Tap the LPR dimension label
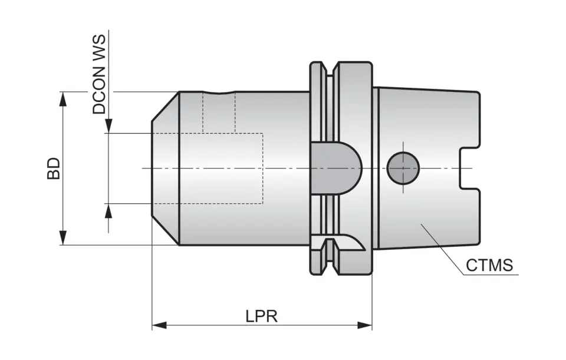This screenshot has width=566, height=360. coord(262,316)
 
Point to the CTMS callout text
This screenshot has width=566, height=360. coord(489,265)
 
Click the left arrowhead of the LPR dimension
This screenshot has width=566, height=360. coord(158,325)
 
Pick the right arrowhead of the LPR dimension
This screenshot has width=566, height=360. coord(366,325)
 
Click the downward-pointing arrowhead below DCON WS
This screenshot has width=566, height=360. coord(108,127)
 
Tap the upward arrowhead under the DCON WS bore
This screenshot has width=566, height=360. coord(108,210)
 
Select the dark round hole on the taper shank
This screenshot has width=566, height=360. coord(403,168)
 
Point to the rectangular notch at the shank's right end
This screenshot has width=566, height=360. coord(469,168)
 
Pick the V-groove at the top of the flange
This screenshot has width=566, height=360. coord(330,69)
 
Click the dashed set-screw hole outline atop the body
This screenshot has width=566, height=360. coord(219,112)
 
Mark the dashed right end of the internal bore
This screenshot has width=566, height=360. coord(262,168)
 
